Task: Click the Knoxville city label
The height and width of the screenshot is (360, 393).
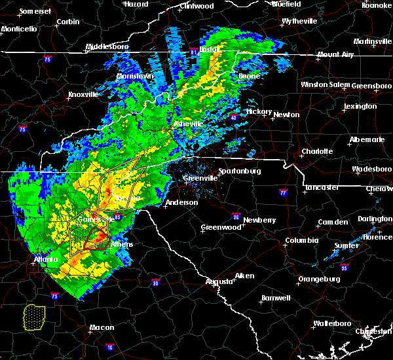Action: tap(83, 94)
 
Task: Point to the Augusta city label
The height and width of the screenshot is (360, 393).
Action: tap(219, 281)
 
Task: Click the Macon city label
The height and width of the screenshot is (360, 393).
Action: tap(102, 327)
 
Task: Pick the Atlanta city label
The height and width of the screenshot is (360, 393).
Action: tap(44, 259)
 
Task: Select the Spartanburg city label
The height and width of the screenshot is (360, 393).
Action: tap(240, 171)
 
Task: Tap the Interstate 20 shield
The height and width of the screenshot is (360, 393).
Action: tap(155, 283)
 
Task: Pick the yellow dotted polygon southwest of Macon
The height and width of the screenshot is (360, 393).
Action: tap(34, 317)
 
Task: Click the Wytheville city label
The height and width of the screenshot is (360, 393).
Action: tap(299, 22)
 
